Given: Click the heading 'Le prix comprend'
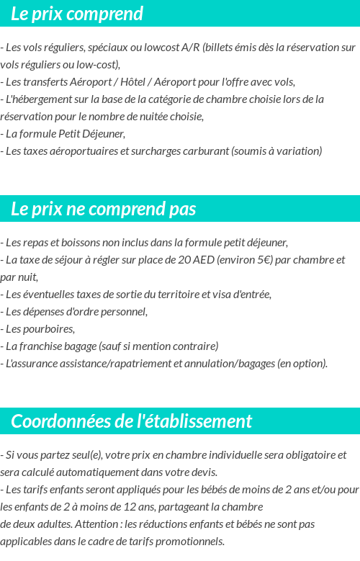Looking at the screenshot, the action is point(77,14).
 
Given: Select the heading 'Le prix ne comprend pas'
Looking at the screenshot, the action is point(103,209).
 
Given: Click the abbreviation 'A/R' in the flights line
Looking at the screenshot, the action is point(191,48).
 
